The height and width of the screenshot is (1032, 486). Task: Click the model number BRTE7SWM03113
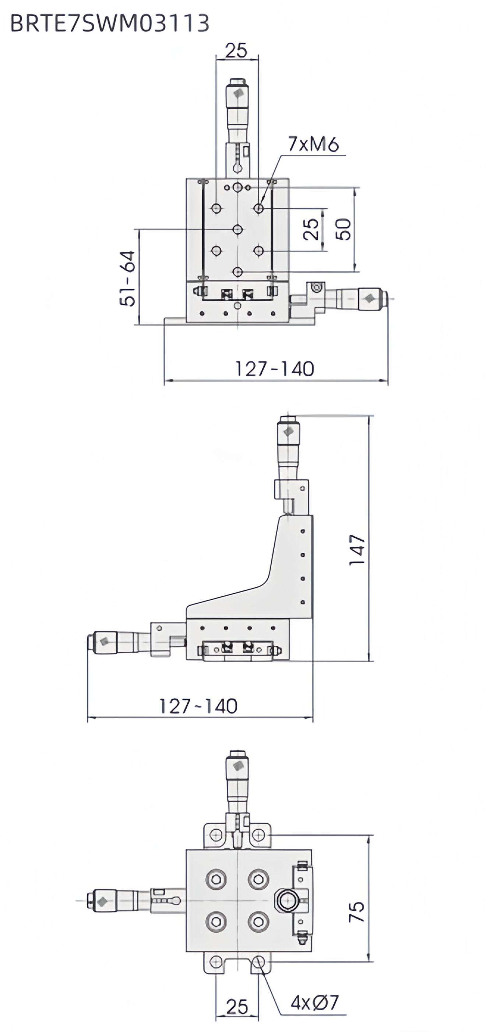click(x=109, y=24)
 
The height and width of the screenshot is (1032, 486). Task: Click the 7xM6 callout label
click(x=313, y=144)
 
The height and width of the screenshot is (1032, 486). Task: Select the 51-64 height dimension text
click(x=128, y=278)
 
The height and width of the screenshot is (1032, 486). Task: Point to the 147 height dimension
click(x=358, y=550)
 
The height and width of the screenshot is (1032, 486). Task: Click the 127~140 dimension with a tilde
click(x=198, y=706)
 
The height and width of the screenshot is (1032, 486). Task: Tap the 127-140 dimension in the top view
click(x=275, y=369)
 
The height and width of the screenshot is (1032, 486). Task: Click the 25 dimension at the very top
click(x=236, y=51)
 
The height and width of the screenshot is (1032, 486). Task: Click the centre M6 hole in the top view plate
click(x=238, y=230)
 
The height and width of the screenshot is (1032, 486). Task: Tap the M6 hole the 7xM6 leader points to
click(x=258, y=208)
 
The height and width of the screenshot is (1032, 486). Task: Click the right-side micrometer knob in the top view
click(x=371, y=298)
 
